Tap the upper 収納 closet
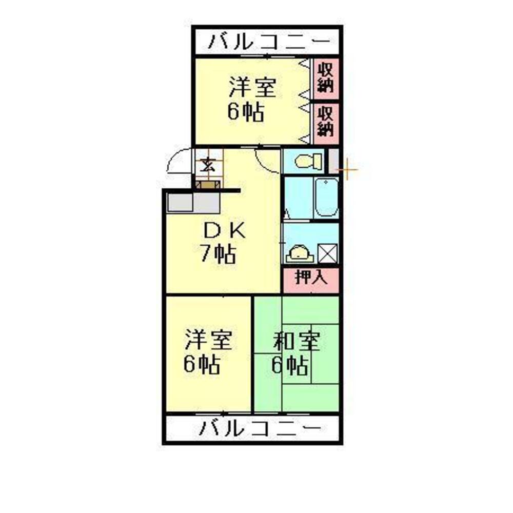point(325,77)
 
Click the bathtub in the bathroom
point(326,198)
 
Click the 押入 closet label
point(311,278)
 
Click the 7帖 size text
point(218,254)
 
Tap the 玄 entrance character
point(208,165)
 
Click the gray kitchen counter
point(193,203)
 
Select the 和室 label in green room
point(296,341)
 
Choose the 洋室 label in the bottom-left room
point(208,341)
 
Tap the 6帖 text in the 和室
point(290,365)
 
